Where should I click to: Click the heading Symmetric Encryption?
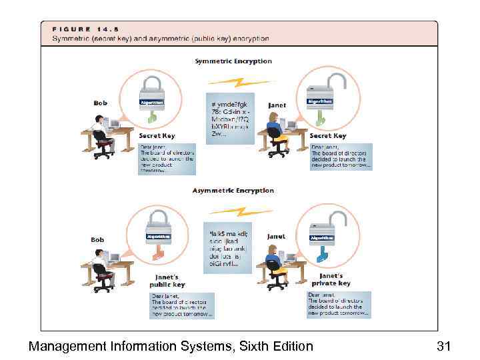tap(233, 61)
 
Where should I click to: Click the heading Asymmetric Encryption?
tap(233, 191)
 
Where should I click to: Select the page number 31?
tap(444, 346)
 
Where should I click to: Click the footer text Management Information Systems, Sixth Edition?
tap(171, 346)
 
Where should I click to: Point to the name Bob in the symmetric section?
tap(99, 103)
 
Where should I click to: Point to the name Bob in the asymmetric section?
tap(97, 239)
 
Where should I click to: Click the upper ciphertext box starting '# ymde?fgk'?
tap(229, 119)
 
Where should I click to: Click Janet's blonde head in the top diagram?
tap(273, 119)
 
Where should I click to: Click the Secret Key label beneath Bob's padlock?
tap(157, 136)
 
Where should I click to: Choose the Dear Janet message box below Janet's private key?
tap(337, 304)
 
